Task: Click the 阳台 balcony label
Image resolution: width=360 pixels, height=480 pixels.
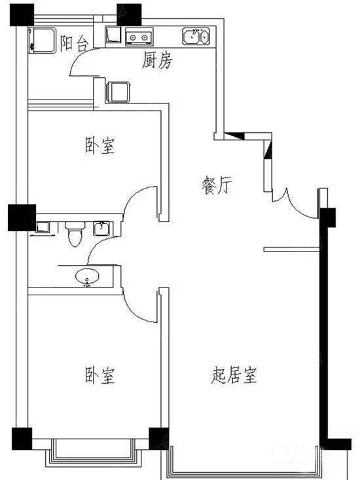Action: [x=74, y=43]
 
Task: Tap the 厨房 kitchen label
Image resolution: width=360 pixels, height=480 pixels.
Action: [x=157, y=60]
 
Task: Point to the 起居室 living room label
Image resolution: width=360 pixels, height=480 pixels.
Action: [x=234, y=375]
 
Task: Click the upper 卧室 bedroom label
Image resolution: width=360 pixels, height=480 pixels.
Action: [x=99, y=146]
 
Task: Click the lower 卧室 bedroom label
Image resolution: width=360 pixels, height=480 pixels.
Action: [x=99, y=375]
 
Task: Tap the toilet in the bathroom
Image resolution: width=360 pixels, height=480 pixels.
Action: [x=75, y=234]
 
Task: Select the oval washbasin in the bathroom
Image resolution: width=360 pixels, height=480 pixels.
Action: [x=88, y=277]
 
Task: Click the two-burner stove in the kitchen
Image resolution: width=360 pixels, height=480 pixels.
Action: [x=139, y=37]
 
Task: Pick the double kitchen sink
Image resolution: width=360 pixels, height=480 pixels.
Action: [x=196, y=36]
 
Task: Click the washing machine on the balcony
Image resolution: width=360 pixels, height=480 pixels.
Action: [x=42, y=41]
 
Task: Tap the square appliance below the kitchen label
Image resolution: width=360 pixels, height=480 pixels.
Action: [x=118, y=92]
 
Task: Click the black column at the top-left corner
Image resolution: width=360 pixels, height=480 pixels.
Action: [x=22, y=14]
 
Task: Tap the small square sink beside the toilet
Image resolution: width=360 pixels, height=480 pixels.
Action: [x=101, y=229]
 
